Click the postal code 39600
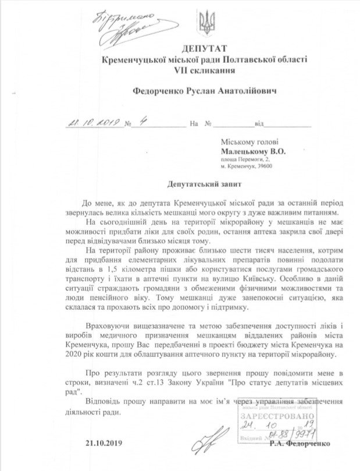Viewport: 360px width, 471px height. click(x=266, y=166)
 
